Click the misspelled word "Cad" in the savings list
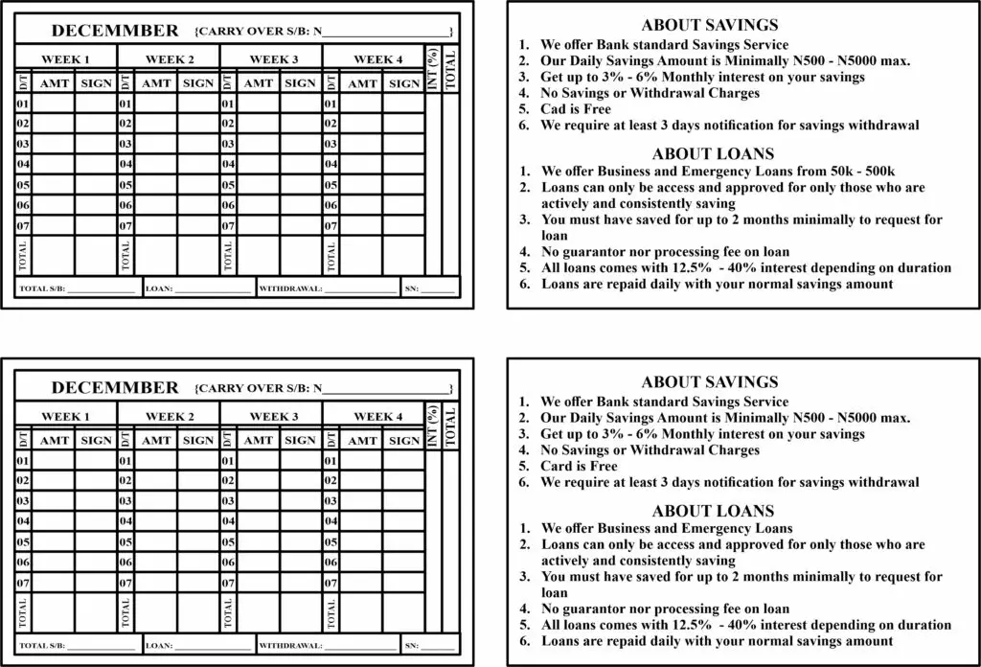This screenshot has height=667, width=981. (x=554, y=109)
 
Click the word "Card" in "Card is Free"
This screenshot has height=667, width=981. (x=557, y=467)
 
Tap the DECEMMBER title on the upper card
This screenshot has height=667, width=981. (x=115, y=31)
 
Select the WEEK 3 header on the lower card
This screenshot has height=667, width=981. (x=274, y=417)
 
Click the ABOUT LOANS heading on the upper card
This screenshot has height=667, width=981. (x=713, y=153)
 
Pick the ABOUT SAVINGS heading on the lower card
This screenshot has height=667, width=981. (x=709, y=382)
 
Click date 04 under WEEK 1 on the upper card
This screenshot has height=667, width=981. (x=24, y=164)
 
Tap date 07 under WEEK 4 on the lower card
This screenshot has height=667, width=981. (x=331, y=582)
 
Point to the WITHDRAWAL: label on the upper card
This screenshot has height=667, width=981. (x=290, y=287)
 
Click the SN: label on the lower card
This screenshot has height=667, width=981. (x=412, y=645)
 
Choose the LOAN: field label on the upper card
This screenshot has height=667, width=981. (x=158, y=287)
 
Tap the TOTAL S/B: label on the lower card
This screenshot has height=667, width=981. (x=42, y=645)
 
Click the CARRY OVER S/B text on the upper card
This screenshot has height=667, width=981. (x=256, y=32)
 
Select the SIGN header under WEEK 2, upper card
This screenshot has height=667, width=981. (x=198, y=83)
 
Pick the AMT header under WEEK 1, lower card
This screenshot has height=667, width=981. (x=55, y=441)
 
